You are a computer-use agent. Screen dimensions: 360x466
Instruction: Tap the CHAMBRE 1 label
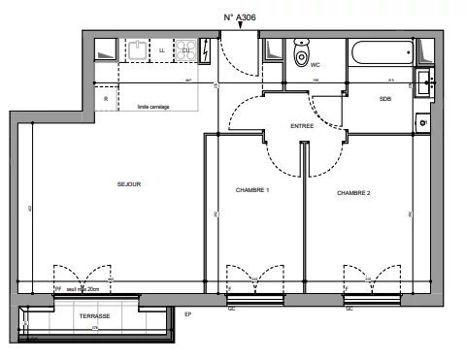(x=252, y=190)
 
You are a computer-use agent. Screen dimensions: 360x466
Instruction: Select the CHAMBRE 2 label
(x=354, y=194)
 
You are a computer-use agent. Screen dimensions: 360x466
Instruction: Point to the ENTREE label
(x=302, y=127)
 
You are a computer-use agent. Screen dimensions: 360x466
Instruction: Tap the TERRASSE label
(x=94, y=317)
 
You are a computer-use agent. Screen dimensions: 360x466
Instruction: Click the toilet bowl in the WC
(x=302, y=56)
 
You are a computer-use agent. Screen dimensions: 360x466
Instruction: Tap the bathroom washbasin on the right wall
(x=424, y=80)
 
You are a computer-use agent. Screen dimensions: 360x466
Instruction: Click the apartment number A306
(x=242, y=16)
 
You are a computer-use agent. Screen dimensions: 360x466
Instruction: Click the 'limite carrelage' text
(x=153, y=107)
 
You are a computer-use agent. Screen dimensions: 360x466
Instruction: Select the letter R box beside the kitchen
(x=106, y=98)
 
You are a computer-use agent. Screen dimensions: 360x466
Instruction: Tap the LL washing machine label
(x=160, y=50)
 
